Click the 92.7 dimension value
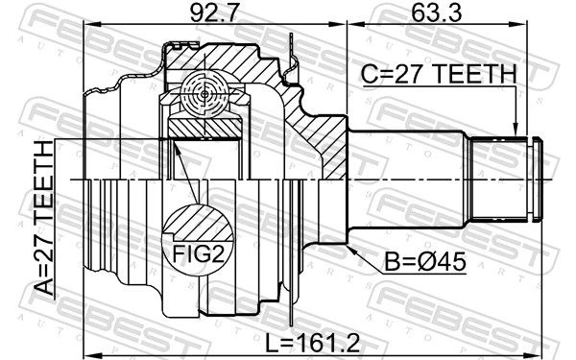coord(214,12)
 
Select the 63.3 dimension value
coord(436,12)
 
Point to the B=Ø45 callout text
coord(425,262)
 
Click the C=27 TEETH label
coord(439,74)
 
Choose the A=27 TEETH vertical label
coord(45,218)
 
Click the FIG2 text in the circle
coord(198,253)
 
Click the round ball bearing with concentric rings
coord(204,94)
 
